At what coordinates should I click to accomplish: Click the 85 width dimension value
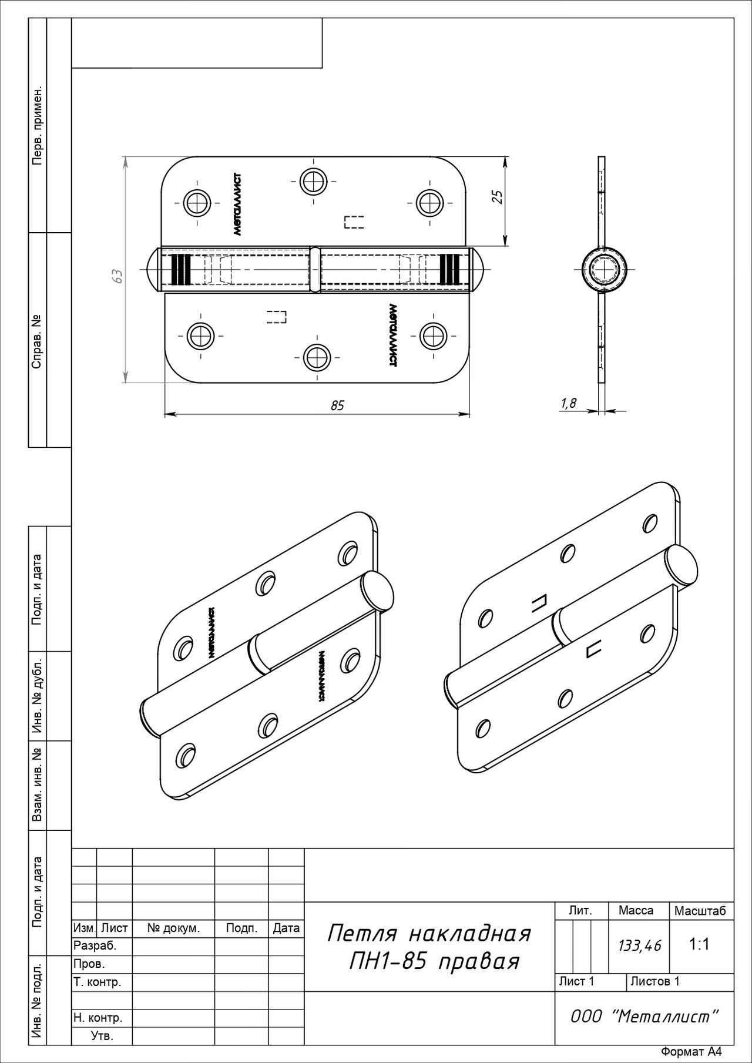[337, 405]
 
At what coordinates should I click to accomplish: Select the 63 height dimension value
[117, 276]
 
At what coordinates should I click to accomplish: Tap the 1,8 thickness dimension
[569, 403]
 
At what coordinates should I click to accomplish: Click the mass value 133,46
[640, 945]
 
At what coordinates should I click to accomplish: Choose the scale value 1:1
[700, 944]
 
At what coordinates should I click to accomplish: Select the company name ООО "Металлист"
[644, 1017]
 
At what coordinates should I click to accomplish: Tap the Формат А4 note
[691, 1052]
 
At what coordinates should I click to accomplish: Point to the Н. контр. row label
[98, 1018]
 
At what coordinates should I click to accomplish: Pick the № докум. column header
[173, 928]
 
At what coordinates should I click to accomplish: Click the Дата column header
[286, 928]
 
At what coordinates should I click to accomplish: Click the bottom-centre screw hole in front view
[318, 357]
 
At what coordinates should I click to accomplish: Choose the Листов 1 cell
[654, 981]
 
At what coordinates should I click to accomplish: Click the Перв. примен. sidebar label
[37, 126]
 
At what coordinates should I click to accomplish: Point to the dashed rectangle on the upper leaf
[354, 222]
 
